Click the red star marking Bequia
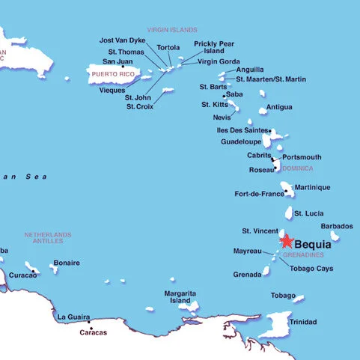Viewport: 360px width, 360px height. click(x=287, y=241)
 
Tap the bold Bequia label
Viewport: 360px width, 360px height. click(x=313, y=244)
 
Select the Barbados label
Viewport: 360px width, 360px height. click(x=336, y=226)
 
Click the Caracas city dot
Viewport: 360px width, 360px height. click(x=90, y=330)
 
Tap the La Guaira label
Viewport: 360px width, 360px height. click(x=73, y=317)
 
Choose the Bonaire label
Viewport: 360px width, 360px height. click(x=67, y=263)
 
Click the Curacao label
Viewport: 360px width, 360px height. click(x=22, y=275)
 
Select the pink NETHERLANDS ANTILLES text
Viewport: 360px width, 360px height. click(x=48, y=237)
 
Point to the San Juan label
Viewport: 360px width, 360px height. click(x=118, y=61)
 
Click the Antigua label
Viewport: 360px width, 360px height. click(x=279, y=107)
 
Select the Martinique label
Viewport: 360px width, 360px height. click(x=312, y=187)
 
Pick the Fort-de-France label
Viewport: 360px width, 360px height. click(x=259, y=194)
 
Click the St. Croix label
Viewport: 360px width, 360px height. click(x=140, y=106)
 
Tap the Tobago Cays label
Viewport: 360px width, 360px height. click(x=311, y=268)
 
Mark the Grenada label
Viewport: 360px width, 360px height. click(x=248, y=275)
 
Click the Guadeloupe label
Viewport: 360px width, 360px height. click(x=241, y=141)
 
